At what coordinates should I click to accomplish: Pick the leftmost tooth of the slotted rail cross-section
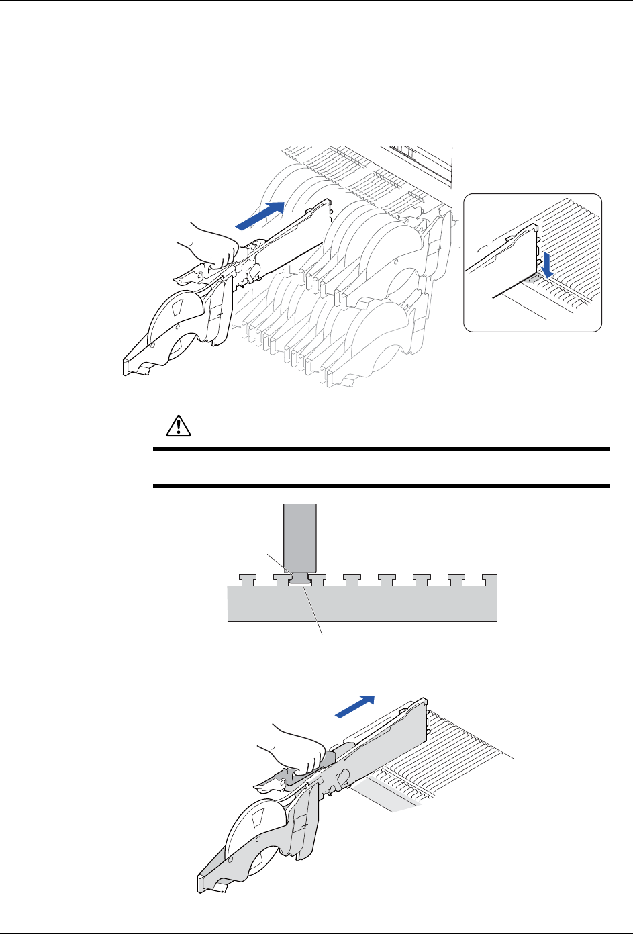coord(247,577)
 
